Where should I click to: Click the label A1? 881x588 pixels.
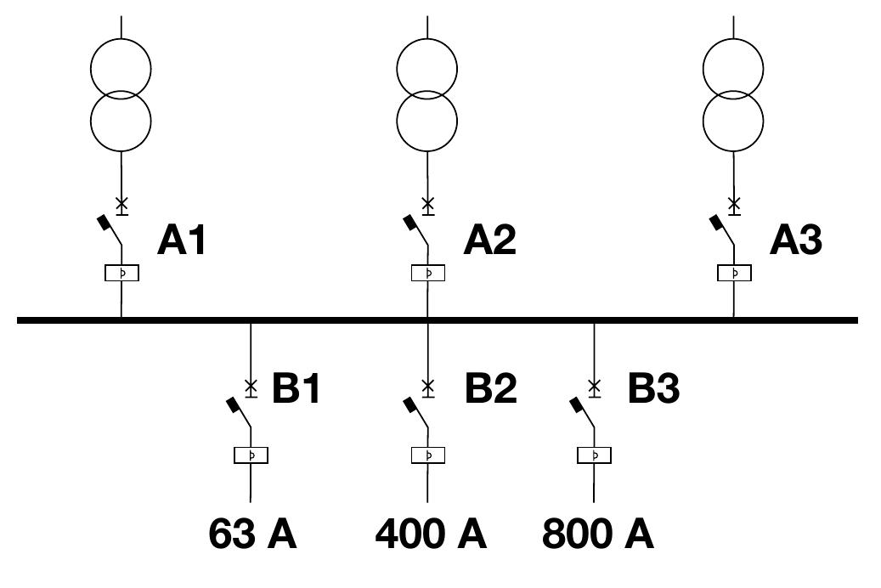[x=182, y=240]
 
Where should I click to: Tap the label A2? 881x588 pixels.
[x=489, y=240]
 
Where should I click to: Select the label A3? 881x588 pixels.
[x=795, y=240]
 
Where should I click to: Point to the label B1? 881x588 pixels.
[x=296, y=387]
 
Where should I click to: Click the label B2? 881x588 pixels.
[x=490, y=387]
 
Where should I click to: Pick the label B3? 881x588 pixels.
[x=653, y=387]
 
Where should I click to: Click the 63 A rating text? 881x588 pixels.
[x=252, y=534]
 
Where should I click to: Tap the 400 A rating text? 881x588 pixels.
[x=431, y=534]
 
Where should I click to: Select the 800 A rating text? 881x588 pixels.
[x=598, y=534]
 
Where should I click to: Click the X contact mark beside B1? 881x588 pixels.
[x=251, y=386]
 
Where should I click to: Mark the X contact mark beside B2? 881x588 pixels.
[x=428, y=386]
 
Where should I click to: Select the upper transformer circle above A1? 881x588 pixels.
[x=91, y=69]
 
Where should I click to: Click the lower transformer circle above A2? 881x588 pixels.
[x=398, y=121]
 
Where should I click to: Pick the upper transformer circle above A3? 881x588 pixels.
[x=703, y=69]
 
